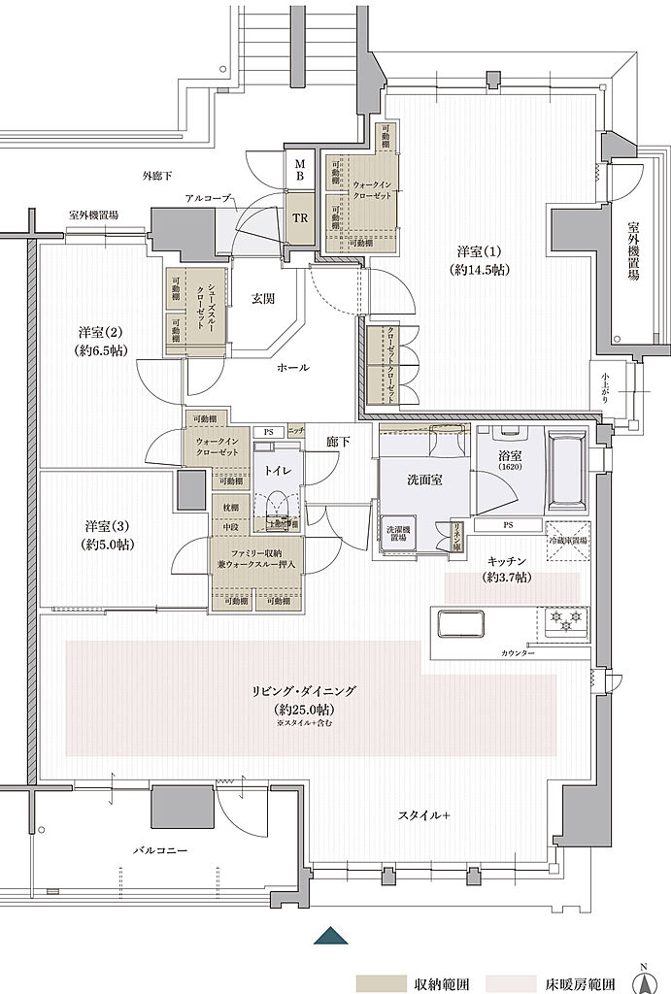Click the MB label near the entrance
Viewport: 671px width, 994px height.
coord(300,170)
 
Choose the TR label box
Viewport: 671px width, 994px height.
coord(300,218)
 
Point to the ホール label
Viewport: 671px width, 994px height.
coord(292,368)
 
